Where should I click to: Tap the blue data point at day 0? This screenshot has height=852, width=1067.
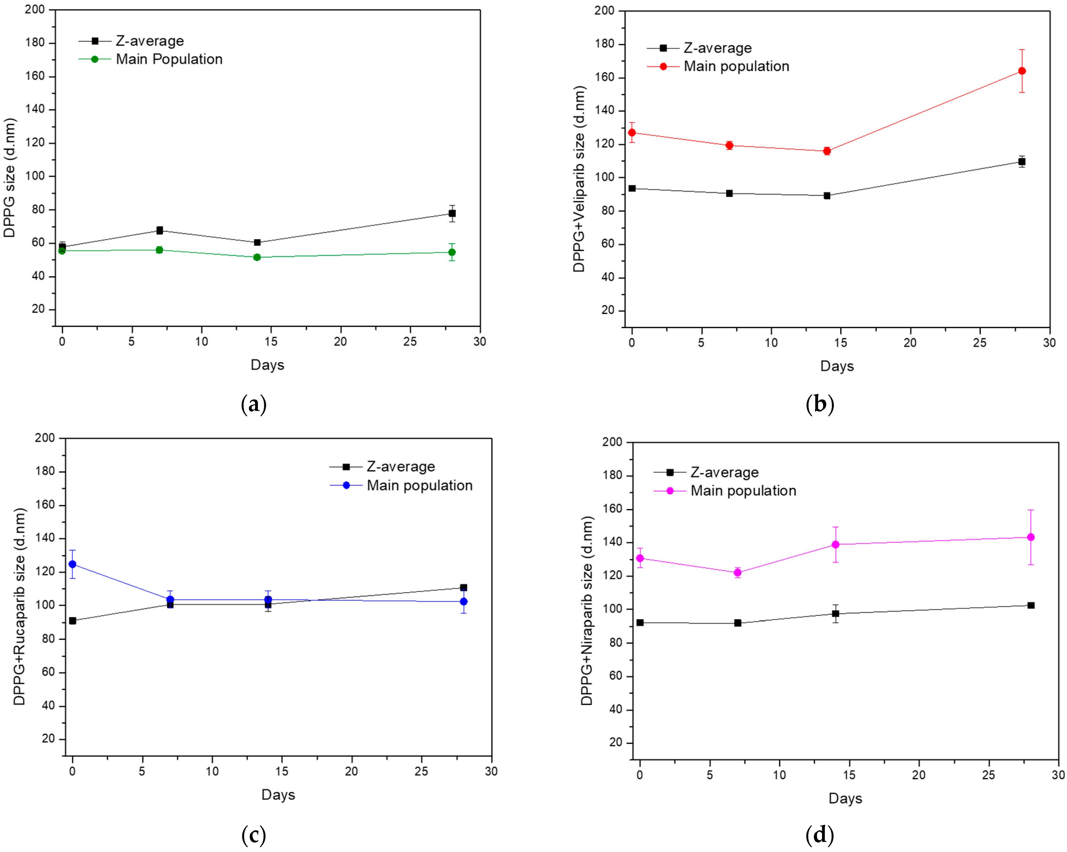[72, 564]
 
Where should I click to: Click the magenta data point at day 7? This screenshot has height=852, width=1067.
[737, 572]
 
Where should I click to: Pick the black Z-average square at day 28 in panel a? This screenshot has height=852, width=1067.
[452, 213]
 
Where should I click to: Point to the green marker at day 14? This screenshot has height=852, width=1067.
[257, 257]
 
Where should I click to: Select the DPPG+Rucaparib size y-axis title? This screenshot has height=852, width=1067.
[19, 606]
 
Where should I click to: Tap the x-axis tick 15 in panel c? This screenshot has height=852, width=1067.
[281, 771]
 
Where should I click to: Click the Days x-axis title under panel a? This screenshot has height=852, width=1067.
[267, 365]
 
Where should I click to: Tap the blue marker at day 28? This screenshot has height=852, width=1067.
[464, 602]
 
